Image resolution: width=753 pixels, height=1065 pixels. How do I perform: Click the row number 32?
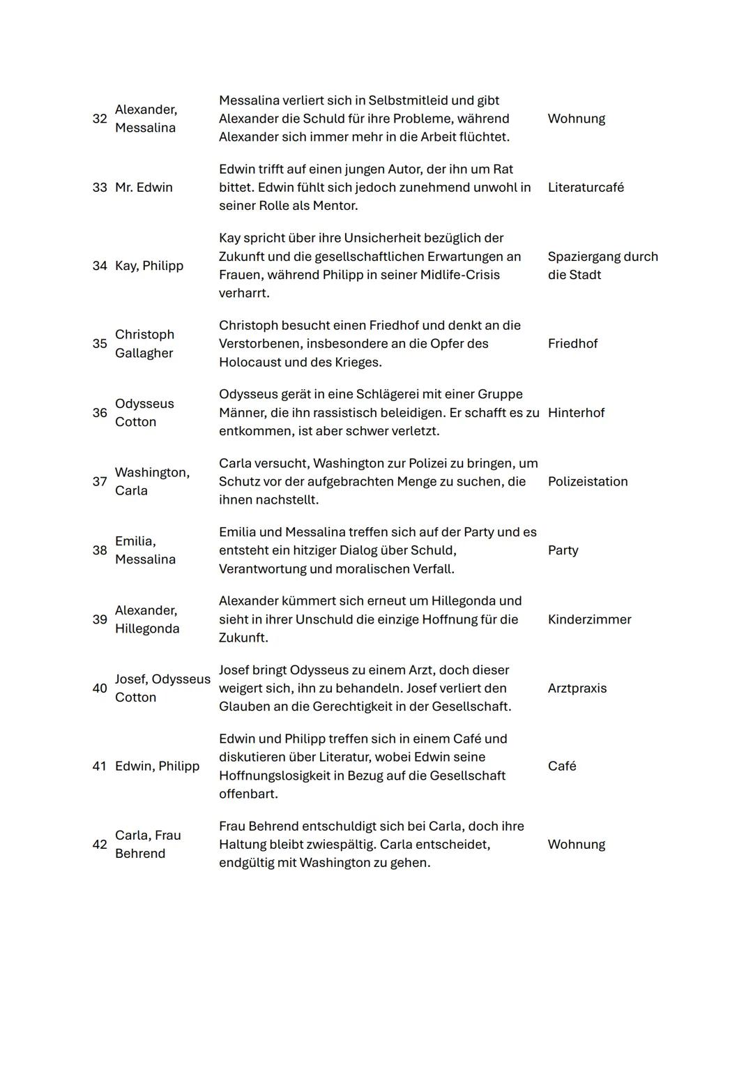click(100, 119)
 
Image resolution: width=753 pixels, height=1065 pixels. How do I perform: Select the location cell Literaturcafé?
click(586, 188)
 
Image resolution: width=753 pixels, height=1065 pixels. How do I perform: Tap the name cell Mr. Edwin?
click(144, 188)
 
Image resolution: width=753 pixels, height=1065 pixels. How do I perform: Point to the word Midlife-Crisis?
click(459, 275)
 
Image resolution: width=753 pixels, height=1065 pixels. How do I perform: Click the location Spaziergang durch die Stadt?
click(602, 266)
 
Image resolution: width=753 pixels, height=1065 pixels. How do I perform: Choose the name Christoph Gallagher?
click(144, 344)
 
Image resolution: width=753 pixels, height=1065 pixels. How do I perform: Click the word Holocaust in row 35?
click(254, 362)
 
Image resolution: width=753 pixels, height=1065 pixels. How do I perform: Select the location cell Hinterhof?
click(576, 413)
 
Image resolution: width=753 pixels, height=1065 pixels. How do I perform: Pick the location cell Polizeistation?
click(588, 482)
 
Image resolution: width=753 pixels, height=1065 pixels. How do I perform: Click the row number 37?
click(100, 482)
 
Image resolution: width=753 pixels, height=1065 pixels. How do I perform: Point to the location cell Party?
click(563, 550)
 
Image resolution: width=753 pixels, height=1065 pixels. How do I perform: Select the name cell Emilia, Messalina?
click(145, 550)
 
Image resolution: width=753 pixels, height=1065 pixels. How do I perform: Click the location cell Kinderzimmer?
click(589, 619)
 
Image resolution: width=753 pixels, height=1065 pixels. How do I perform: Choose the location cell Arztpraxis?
click(577, 688)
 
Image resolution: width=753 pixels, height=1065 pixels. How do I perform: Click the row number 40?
click(100, 688)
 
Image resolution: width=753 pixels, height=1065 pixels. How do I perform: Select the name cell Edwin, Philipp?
click(157, 766)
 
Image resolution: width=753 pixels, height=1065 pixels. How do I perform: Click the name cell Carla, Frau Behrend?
click(148, 845)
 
